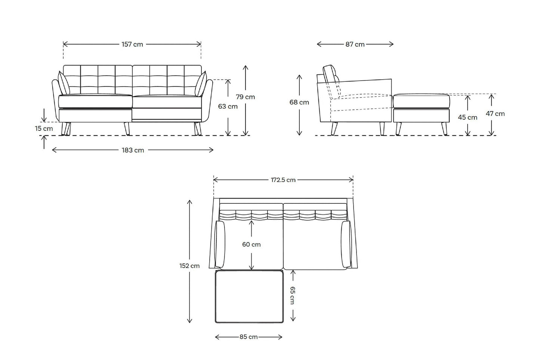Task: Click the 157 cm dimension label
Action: [132, 44]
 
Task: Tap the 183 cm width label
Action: [133, 150]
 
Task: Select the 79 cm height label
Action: [245, 97]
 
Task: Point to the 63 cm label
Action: [228, 107]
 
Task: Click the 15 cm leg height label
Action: [44, 129]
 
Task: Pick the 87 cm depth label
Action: [355, 44]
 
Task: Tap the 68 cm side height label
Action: [299, 102]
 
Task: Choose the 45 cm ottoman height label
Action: [468, 117]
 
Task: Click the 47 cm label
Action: [495, 114]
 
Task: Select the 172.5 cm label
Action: [283, 180]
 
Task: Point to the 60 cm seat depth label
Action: [251, 244]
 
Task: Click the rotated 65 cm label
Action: [293, 295]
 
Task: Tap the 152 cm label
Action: [189, 266]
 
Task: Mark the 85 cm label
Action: [249, 337]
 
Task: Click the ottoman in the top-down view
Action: [249, 296]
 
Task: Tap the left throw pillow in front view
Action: [64, 83]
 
